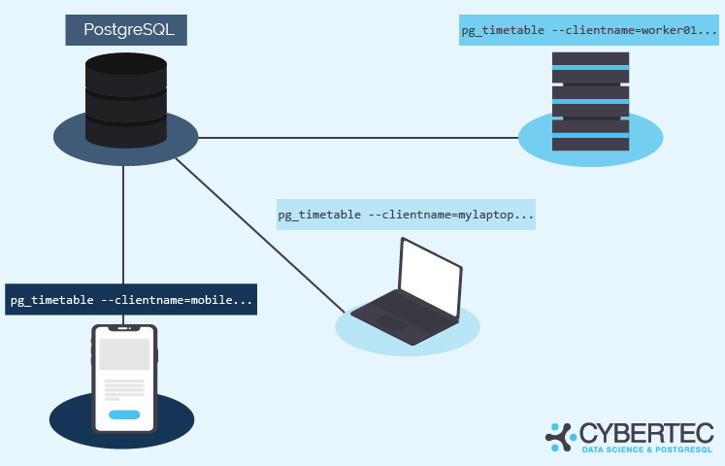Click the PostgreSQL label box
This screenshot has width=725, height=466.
click(126, 30)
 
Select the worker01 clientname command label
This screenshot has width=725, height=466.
click(589, 31)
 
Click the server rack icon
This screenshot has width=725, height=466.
click(590, 101)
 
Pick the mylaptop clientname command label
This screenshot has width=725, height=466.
click(406, 215)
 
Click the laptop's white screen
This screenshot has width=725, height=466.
click(430, 277)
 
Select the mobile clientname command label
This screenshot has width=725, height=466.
click(131, 300)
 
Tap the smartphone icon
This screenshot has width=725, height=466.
click(124, 378)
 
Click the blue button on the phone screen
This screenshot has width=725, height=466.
click(124, 415)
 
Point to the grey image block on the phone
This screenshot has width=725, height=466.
click(124, 354)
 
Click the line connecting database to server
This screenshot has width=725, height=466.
click(359, 138)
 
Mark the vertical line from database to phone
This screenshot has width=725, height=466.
click(124, 223)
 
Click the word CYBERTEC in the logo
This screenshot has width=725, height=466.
click(646, 433)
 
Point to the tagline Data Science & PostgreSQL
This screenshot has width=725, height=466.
click(646, 450)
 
